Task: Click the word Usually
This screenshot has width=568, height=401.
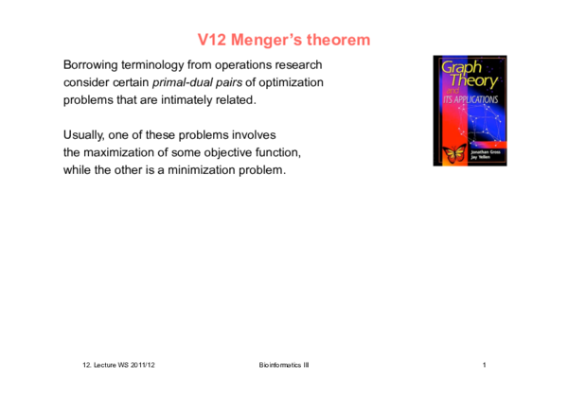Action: (x=85, y=135)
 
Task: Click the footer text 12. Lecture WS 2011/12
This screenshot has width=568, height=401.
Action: (x=119, y=365)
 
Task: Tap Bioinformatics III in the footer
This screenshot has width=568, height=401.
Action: (x=283, y=365)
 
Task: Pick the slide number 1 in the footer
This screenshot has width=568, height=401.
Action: (x=484, y=365)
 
